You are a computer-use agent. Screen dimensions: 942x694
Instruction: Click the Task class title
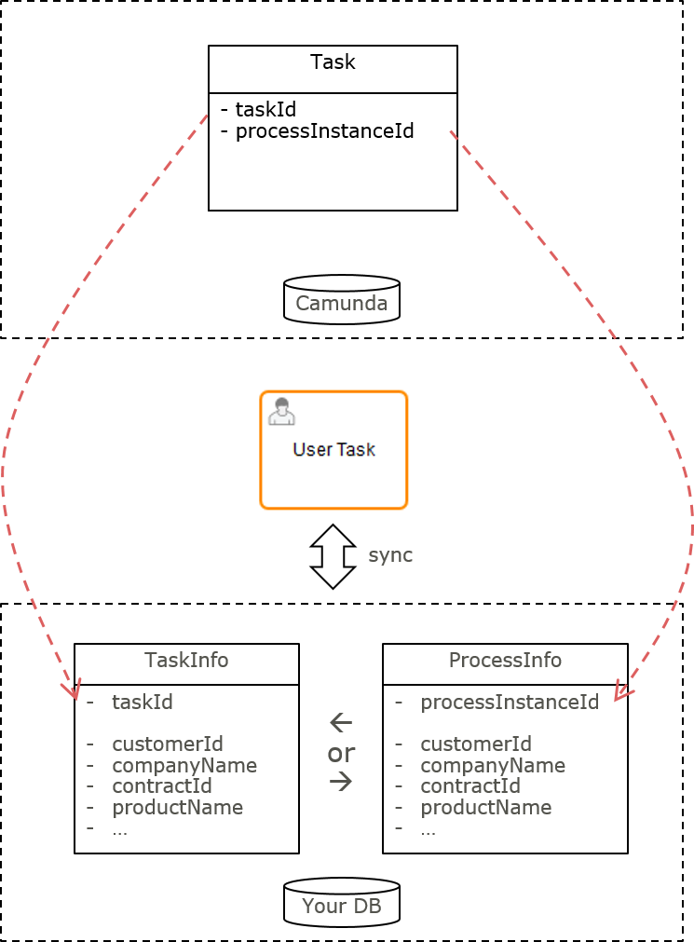(x=333, y=62)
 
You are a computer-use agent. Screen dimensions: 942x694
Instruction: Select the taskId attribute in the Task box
(x=265, y=110)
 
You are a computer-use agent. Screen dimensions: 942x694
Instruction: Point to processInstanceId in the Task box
(x=324, y=130)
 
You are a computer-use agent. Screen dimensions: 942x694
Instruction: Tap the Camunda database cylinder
(x=341, y=301)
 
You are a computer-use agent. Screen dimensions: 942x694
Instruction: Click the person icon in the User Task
(x=281, y=412)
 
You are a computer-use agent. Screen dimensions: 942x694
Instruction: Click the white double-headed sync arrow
(x=333, y=556)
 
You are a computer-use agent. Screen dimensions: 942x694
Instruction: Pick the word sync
(x=390, y=555)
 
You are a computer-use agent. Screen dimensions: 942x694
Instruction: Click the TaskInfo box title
(x=186, y=660)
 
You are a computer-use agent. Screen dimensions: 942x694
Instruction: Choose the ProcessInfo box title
(x=505, y=660)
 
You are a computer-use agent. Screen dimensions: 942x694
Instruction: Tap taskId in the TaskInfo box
(x=143, y=702)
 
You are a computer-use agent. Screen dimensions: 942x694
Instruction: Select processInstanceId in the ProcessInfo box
(x=509, y=702)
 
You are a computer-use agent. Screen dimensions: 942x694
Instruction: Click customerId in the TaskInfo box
(x=155, y=744)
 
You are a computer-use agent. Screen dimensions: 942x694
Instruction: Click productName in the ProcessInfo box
(x=485, y=807)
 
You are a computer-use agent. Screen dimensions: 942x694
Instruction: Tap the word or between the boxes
(x=341, y=752)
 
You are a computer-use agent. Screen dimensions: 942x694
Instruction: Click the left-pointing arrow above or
(x=341, y=722)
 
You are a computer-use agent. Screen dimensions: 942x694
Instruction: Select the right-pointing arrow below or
(x=341, y=782)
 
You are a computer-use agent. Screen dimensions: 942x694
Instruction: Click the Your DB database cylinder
(x=341, y=904)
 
